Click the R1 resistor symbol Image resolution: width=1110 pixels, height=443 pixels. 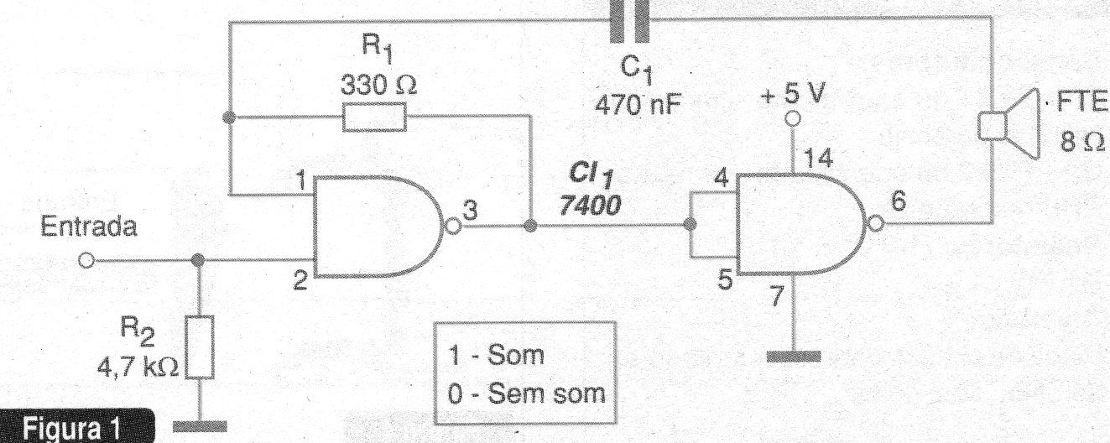pos(374,117)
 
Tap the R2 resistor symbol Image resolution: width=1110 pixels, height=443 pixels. pos(200,347)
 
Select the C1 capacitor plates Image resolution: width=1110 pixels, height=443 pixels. pos(629,21)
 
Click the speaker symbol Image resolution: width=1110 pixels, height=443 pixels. pos(1009,124)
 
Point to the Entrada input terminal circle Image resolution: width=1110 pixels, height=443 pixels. pos(86,260)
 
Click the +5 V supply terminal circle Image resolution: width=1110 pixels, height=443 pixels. pos(792,119)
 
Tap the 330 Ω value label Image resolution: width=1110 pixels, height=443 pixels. pos(378,86)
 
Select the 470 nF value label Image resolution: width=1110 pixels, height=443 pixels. pos(638,105)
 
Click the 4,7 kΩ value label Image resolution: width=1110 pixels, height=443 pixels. pos(138,367)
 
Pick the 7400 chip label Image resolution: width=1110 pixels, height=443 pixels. pos(590,205)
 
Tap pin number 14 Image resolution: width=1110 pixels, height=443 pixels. pos(818,159)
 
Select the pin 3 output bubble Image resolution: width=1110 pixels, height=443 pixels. pos(453,227)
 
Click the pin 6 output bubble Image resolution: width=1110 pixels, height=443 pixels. pos(876,224)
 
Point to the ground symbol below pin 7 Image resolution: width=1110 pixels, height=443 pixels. pos(794,357)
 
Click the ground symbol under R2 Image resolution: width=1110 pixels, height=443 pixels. pos(201,426)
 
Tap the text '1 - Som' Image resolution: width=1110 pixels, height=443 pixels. pos(496,355)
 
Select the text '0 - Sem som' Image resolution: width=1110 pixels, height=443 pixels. pos(526,394)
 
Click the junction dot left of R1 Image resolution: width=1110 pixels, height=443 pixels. pos(228,117)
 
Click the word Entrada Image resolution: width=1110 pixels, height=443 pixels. pos(88,227)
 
